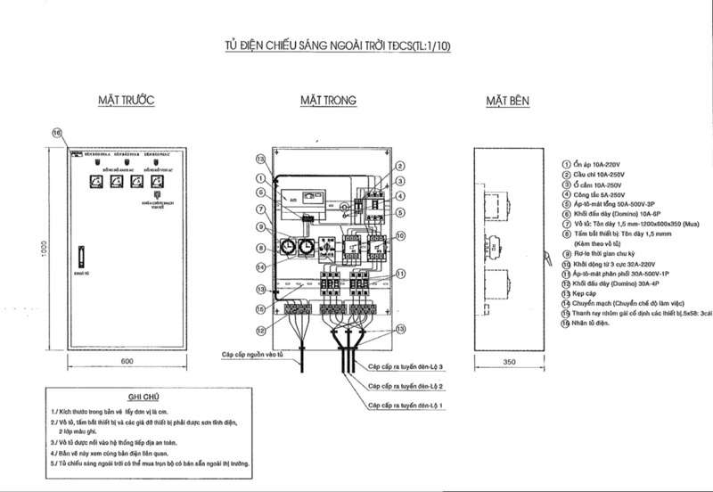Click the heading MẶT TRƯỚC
127,102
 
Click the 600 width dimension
127,362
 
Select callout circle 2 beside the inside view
401,166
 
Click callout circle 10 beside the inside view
401,236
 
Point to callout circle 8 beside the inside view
259,248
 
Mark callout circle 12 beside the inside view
259,331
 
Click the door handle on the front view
80,256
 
